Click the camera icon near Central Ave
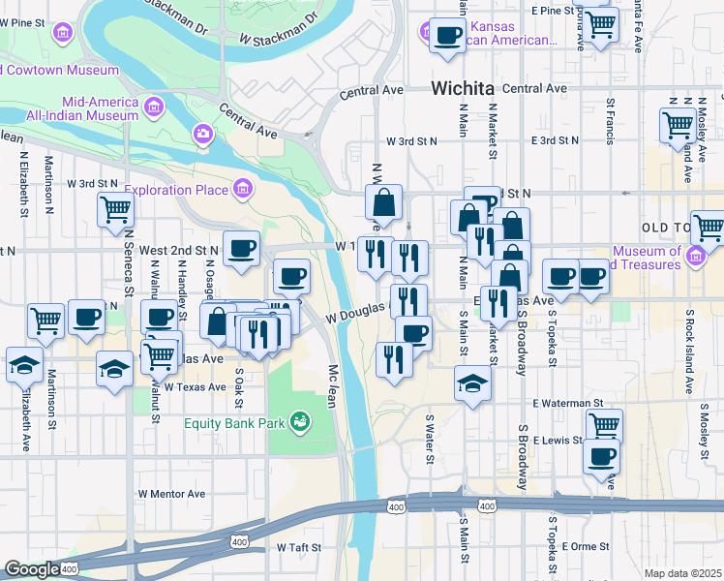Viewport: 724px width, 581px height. pos(203,133)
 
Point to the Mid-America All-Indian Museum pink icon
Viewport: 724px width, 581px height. pos(153,106)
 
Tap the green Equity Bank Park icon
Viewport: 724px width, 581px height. pos(301,421)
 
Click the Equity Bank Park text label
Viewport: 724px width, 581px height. pos(237,422)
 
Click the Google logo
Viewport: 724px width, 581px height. pos(32,569)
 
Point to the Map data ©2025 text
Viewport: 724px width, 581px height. pos(682,573)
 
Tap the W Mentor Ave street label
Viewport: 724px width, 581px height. pos(171,494)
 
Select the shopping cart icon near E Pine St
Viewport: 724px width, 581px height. pos(601,22)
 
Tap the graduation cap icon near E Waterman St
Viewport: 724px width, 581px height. pos(472,382)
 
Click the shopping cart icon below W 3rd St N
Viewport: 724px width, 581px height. pos(116,207)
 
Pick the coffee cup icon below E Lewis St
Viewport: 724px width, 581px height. pos(601,455)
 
